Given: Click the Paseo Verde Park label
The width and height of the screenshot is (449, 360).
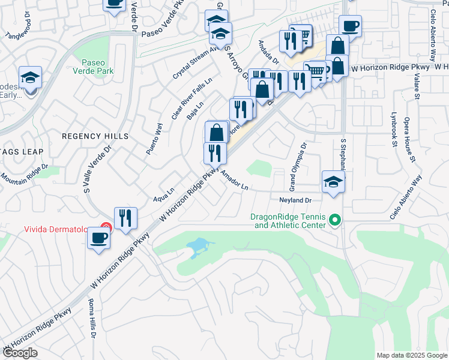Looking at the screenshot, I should pos(97,67).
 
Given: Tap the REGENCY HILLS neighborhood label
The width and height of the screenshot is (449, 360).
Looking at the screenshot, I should pos(95,136).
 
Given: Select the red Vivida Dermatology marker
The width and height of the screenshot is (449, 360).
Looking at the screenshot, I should pos(106,227).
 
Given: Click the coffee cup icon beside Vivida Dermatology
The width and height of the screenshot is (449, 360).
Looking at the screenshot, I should pos(99,238).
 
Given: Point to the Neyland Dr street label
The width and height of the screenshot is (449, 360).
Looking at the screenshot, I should pos(295,200).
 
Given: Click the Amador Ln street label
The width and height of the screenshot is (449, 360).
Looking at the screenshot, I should pos(235,179).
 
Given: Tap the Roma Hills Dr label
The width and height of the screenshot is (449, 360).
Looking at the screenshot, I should pos(92,317).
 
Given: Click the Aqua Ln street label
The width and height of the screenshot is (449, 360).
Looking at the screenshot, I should pos(163,196).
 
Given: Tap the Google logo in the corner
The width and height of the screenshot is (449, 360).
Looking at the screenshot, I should pos(20,353).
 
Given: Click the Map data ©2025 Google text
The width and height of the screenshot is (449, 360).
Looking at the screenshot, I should pos(411,355).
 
